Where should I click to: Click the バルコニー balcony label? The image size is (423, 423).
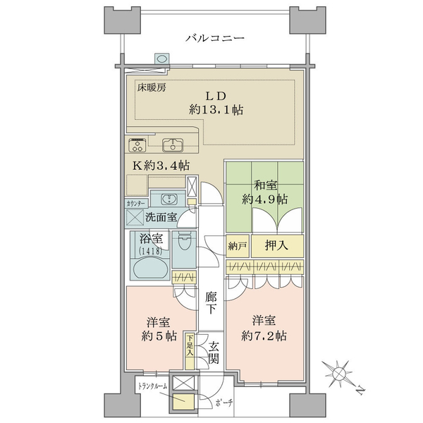(215, 38)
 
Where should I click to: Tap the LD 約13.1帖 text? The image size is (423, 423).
(216, 104)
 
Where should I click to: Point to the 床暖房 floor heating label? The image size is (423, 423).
(152, 87)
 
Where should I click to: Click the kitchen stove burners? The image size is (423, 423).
(137, 145)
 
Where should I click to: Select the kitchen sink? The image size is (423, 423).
(173, 145)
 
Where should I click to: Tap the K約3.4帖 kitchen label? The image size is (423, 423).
(161, 166)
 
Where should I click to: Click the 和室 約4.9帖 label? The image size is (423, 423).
(264, 192)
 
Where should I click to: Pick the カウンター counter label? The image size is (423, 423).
(137, 203)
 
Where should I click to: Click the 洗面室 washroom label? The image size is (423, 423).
(161, 217)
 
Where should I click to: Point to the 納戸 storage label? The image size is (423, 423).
(238, 246)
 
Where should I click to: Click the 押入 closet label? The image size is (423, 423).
(276, 245)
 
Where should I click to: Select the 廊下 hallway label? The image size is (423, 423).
(211, 302)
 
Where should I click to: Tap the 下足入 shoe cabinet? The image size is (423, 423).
(190, 351)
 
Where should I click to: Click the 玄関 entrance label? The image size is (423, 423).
(214, 352)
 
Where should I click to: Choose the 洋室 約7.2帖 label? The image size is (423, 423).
(264, 328)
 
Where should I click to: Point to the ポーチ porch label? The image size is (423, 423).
(224, 403)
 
